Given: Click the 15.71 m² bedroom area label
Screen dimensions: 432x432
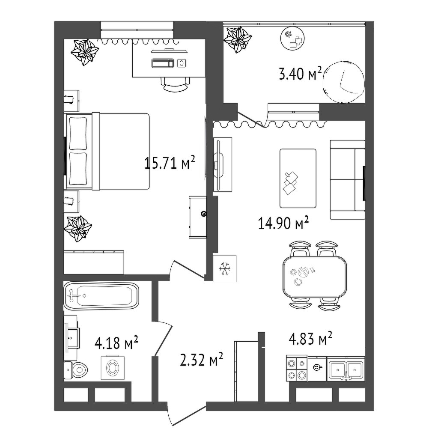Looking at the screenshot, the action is coord(170,163).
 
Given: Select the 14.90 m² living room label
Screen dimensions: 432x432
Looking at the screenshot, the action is coord(283,223).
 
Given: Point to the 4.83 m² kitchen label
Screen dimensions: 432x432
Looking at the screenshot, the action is coord(310,338).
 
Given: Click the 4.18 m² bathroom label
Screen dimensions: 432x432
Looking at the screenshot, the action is coord(116,343).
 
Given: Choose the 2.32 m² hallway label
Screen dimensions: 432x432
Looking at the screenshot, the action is coord(201,360).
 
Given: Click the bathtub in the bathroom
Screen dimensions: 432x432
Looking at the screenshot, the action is coord(101,295).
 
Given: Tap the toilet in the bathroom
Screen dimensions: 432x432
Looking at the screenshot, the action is coord(75,370).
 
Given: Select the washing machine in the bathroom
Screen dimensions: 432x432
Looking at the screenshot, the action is coord(113,367).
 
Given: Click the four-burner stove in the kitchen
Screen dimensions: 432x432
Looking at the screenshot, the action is coord(297,368).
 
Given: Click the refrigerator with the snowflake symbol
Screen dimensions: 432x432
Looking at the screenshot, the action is coord(225,268).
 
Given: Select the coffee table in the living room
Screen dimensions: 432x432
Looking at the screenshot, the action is coord(298,179).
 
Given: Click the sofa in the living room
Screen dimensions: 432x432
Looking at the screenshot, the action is coord(347,180).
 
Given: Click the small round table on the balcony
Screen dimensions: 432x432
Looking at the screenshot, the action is coord(292,39).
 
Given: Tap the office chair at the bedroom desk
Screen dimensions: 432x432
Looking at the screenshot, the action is coord(175,84).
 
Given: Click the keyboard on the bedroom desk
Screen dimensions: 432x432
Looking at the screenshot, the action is coord(163,63).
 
